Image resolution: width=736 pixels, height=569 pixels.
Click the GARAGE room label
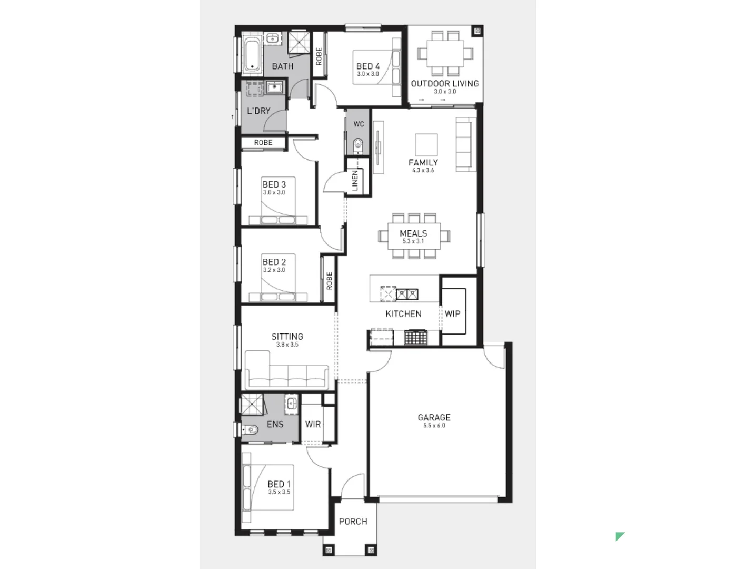tap(434, 417)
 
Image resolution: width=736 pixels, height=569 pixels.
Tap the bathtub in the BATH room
tap(252, 55)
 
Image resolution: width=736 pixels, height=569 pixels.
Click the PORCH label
tap(353, 521)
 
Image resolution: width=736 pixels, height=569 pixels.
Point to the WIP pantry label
tap(453, 313)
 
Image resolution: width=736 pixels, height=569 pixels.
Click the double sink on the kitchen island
tap(407, 294)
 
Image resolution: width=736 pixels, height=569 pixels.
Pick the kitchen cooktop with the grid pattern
tap(415, 337)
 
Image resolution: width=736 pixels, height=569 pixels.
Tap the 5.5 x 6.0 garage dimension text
tap(434, 425)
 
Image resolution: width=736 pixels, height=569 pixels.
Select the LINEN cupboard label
tap(355, 181)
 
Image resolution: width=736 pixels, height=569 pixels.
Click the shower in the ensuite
tap(252, 404)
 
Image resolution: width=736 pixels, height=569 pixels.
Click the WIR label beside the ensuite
tap(313, 424)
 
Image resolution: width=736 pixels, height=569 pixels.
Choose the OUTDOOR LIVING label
tap(445, 83)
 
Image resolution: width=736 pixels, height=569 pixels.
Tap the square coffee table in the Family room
tap(426, 144)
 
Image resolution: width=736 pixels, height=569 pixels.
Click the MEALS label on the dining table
tap(413, 233)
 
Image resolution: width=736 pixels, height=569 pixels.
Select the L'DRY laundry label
tap(258, 111)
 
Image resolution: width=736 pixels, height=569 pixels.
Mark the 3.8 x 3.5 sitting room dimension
tap(287, 345)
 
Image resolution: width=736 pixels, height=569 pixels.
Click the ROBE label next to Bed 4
tap(319, 56)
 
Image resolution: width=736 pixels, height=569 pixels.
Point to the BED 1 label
tap(279, 484)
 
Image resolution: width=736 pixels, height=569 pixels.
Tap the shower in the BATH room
tap(299, 43)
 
